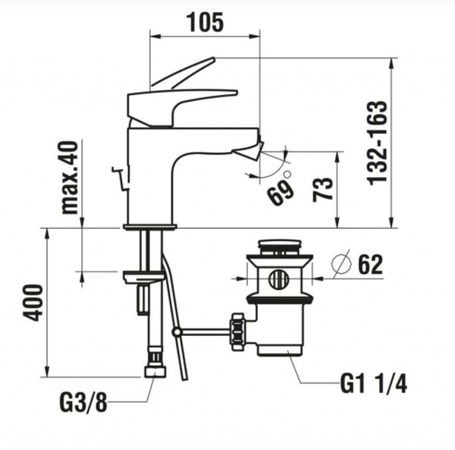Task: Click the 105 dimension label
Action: [205, 23]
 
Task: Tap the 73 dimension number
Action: [323, 189]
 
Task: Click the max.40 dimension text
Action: [70, 178]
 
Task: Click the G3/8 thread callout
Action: [83, 402]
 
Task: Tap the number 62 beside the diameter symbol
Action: [370, 265]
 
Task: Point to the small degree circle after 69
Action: [287, 175]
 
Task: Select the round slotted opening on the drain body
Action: [279, 279]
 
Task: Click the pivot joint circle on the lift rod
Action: [176, 332]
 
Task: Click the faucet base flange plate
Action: [150, 227]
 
